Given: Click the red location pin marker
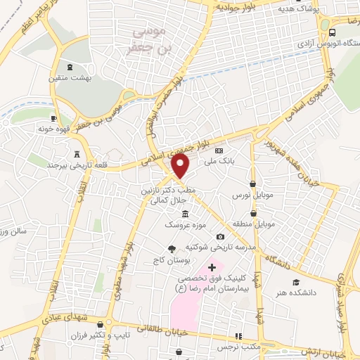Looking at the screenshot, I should pyautogui.click(x=181, y=166).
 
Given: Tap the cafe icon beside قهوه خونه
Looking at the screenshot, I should pyautogui.click(x=54, y=118).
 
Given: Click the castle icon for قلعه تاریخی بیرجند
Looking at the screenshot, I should pyautogui.click(x=77, y=153).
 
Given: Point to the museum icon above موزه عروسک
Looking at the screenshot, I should pyautogui.click(x=186, y=214).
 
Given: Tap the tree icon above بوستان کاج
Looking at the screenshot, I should pyautogui.click(x=171, y=248).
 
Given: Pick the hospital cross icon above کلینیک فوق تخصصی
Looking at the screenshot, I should pyautogui.click(x=212, y=267).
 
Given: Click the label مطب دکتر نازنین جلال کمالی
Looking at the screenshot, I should pyautogui.click(x=172, y=195).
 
